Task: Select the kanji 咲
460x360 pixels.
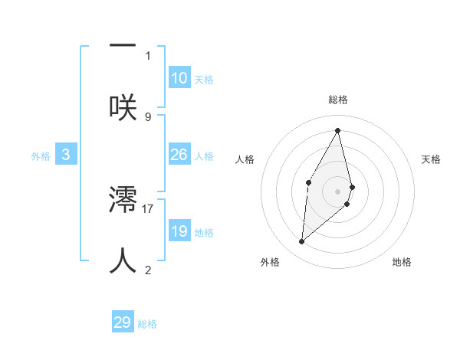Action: coord(123,107)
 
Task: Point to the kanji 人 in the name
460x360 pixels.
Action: coord(123,260)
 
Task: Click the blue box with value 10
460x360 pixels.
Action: coord(179,78)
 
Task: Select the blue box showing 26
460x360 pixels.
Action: coord(179,155)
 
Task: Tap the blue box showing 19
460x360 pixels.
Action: coord(179,231)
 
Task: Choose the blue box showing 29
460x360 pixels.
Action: coord(123,322)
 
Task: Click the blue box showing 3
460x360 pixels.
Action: coord(66,155)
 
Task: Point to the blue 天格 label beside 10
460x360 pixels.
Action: coord(204,80)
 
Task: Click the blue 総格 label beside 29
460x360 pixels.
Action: coord(147,324)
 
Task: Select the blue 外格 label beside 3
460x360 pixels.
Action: coord(41,156)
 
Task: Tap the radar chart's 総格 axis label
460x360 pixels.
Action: coord(338,100)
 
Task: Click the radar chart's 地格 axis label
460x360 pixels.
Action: coord(402,262)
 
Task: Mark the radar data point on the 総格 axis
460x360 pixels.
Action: coord(338,130)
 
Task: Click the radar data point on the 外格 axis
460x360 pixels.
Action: coord(302,242)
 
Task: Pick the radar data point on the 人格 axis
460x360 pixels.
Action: coord(308,182)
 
